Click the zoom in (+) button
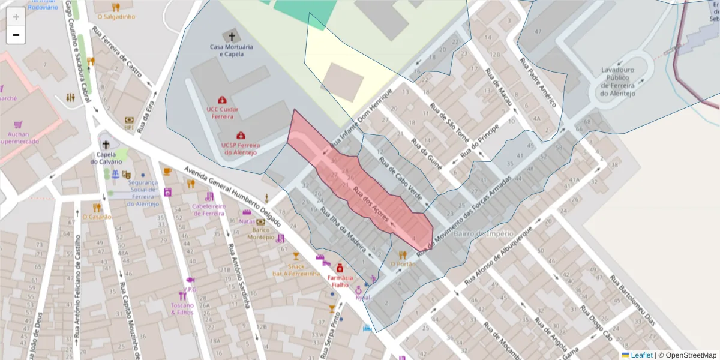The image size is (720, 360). pos(16,16)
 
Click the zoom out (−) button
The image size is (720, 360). pos(16,35)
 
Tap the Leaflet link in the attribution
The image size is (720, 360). pos(641,355)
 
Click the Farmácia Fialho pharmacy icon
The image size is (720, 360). pos(339,267)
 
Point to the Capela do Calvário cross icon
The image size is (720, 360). pos(106,145)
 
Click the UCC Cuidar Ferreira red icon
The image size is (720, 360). pos(223,100)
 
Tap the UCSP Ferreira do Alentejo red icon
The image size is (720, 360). pos(241,136)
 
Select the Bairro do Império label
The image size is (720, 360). pos(484,233)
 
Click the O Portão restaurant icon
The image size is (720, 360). pos(403,254)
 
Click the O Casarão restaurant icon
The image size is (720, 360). pos(97,208)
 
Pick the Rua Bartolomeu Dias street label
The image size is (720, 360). pos(632,304)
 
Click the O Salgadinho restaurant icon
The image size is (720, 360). pos(116,8)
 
